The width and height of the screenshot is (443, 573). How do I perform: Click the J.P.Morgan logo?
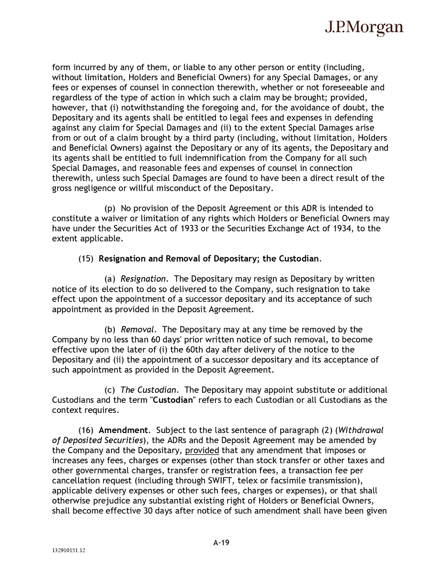[364, 27]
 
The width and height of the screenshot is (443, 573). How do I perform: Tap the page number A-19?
[221, 543]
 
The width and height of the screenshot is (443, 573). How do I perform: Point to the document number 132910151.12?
[68, 550]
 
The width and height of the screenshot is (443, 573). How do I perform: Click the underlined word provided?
[202, 450]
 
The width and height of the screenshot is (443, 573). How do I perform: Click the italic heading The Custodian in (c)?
[148, 390]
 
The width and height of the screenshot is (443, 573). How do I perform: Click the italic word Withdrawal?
[361, 430]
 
